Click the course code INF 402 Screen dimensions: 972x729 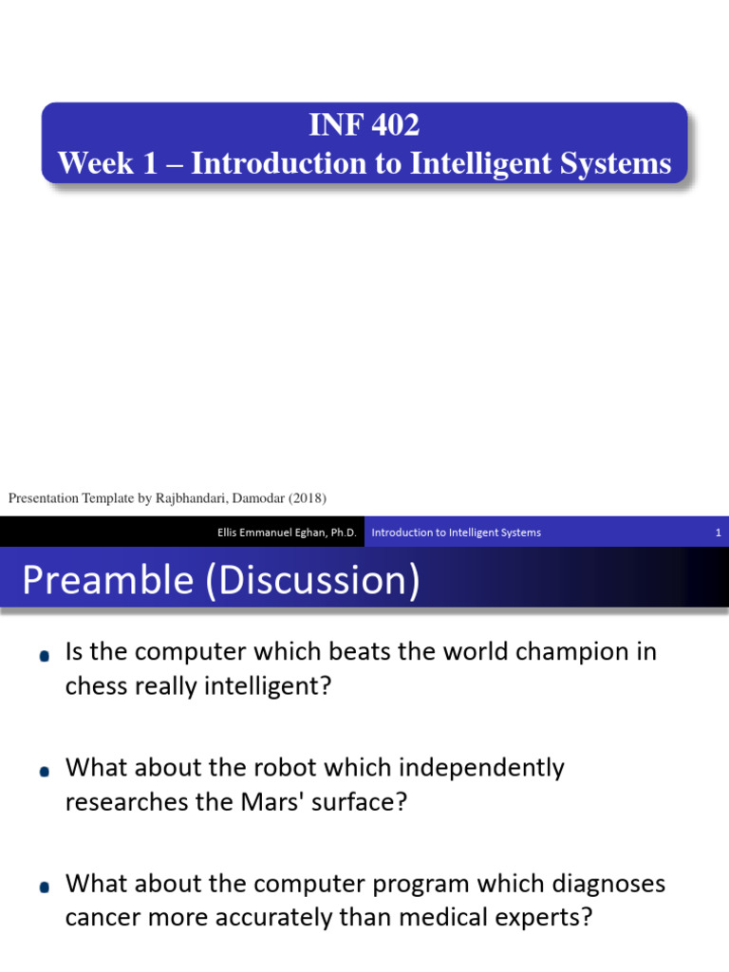click(x=364, y=124)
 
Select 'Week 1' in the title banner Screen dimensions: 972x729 click(x=95, y=163)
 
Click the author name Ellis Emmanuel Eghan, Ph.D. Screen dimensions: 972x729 click(x=287, y=533)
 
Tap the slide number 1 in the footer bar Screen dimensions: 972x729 click(x=719, y=533)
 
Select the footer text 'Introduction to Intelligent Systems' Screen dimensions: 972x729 click(x=456, y=533)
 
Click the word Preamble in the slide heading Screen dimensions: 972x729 click(x=106, y=580)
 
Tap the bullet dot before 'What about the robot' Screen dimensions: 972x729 click(x=45, y=772)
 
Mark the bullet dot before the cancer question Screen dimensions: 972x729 click(x=45, y=888)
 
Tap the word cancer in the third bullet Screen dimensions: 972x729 click(x=102, y=919)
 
